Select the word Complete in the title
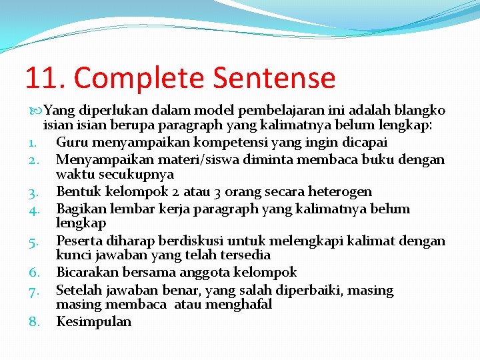[141, 77]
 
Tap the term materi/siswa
[186, 159]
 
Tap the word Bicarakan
[85, 272]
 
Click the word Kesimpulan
[93, 321]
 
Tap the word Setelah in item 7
[79, 290]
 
